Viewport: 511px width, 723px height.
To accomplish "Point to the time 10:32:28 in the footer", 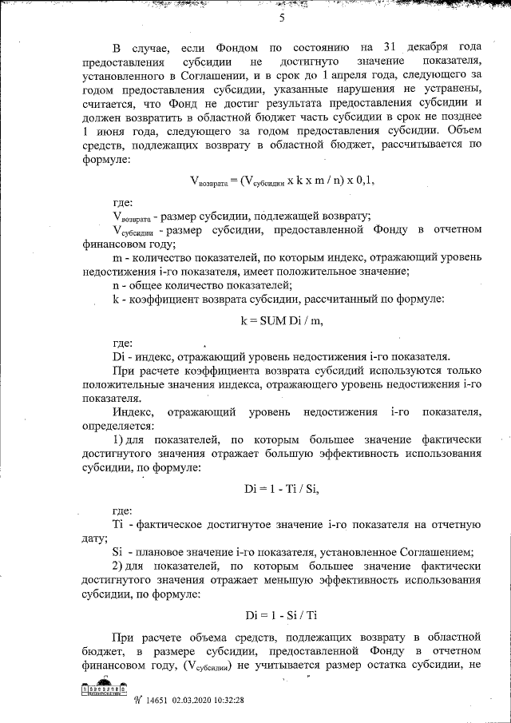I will [x=243, y=701].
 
